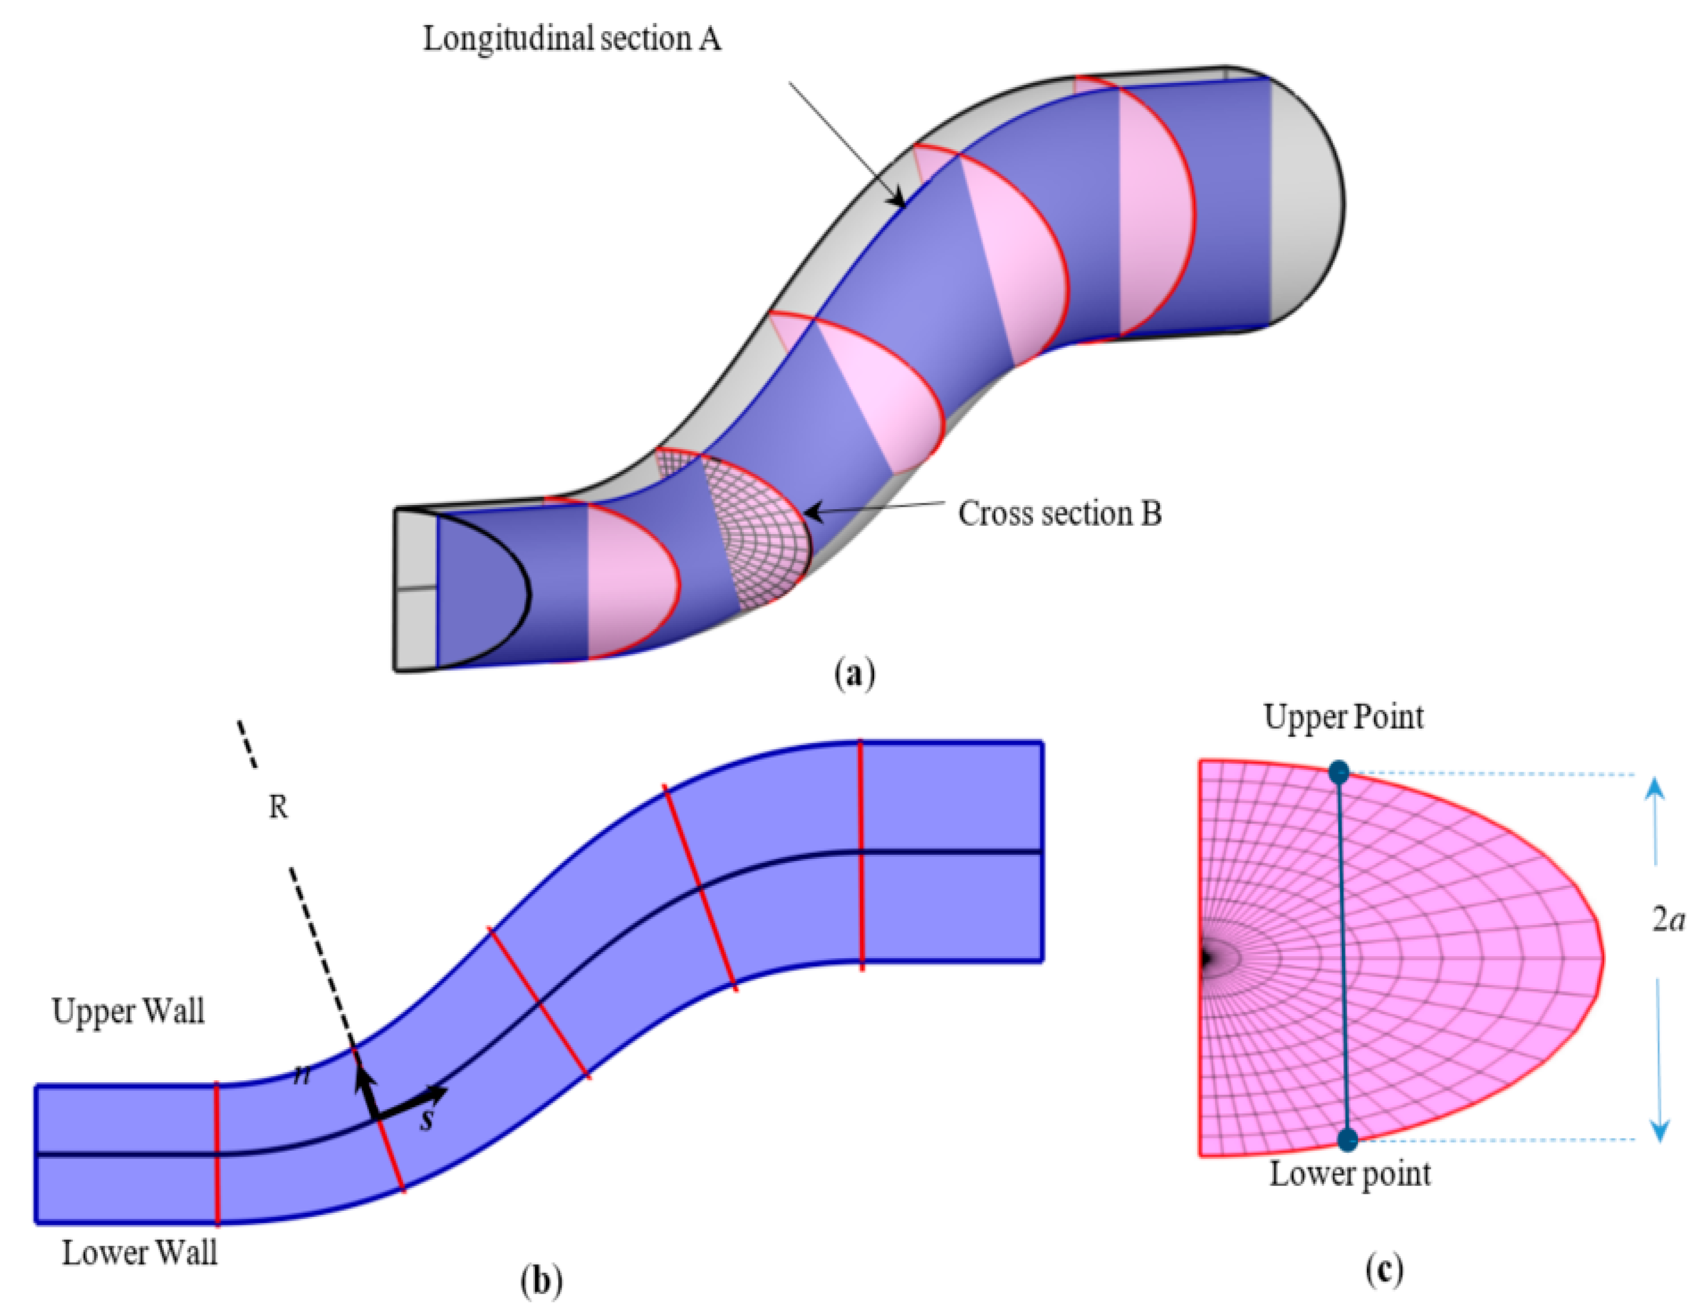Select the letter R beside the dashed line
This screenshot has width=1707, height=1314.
click(278, 807)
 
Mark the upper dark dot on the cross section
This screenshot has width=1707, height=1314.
click(1339, 773)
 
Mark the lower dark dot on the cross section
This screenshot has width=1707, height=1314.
click(1348, 1140)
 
